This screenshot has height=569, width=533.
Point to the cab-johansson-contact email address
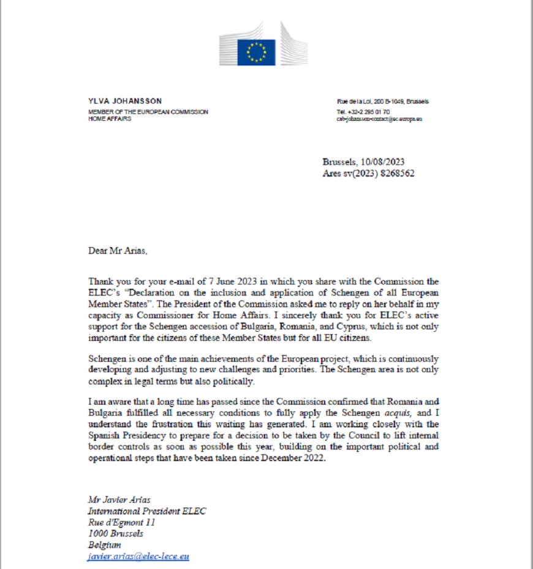point(379,119)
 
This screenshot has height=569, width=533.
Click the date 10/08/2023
point(380,162)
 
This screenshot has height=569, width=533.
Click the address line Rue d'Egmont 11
point(122,522)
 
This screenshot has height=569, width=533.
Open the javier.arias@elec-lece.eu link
point(138,556)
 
